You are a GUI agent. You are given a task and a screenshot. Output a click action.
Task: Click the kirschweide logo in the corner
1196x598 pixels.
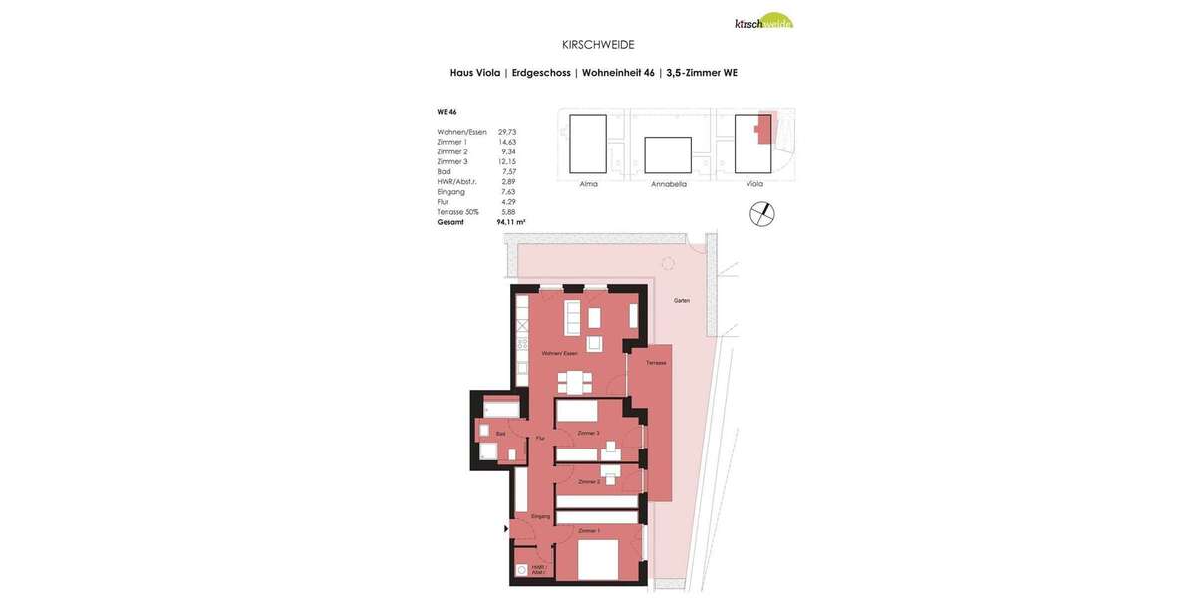763,21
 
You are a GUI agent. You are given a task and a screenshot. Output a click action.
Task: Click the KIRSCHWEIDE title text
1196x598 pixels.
598,45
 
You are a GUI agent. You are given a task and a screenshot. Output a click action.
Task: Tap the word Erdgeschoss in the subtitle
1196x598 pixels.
541,73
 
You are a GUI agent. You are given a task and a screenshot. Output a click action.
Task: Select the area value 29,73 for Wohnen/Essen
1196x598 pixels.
507,132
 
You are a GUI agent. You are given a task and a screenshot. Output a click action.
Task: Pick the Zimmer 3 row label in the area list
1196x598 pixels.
452,161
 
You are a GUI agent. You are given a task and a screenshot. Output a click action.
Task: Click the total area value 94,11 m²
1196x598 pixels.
510,222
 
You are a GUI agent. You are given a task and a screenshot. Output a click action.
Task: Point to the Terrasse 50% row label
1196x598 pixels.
457,212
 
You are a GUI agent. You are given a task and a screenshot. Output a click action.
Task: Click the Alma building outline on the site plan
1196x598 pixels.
588,144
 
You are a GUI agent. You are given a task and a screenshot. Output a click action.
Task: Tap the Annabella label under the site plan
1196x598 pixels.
669,184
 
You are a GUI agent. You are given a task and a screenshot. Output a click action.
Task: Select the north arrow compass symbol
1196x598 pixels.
762,214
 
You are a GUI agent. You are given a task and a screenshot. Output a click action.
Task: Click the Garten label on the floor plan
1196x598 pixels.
682,300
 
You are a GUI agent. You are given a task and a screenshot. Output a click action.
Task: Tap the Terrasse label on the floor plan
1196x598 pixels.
655,362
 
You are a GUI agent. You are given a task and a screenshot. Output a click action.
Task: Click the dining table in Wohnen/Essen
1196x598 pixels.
574,382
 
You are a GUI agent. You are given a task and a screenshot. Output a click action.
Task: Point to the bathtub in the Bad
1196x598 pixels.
501,409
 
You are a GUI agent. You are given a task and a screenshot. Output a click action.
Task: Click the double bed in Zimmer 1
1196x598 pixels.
598,560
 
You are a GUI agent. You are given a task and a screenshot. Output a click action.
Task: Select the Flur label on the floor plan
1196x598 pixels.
540,439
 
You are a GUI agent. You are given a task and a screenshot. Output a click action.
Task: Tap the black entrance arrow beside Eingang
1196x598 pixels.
506,529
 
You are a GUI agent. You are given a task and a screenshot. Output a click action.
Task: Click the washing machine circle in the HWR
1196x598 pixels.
521,571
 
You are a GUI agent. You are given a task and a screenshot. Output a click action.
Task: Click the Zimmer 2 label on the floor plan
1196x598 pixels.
589,482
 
